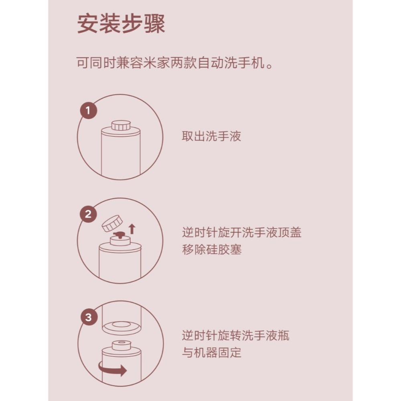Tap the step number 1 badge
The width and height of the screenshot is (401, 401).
coord(89,110)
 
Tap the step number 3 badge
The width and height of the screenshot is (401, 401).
coord(89,318)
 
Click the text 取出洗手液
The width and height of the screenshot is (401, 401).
coord(211,137)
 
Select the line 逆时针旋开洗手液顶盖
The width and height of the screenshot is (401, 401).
coord(241,233)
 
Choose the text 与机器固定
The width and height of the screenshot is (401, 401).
coord(212,353)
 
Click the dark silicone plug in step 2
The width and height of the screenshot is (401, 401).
coord(119,235)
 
